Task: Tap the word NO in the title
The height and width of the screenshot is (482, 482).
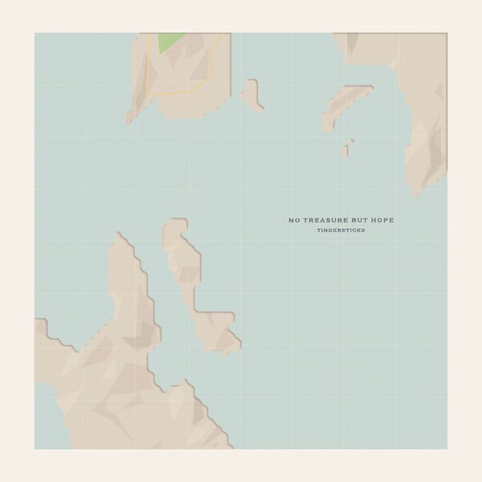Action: click(294, 219)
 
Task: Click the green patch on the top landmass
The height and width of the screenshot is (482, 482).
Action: click(169, 43)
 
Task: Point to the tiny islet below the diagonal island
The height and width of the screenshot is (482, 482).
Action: click(349, 148)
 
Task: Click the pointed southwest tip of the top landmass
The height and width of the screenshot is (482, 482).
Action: click(129, 119)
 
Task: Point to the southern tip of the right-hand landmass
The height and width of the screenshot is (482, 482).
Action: click(415, 191)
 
